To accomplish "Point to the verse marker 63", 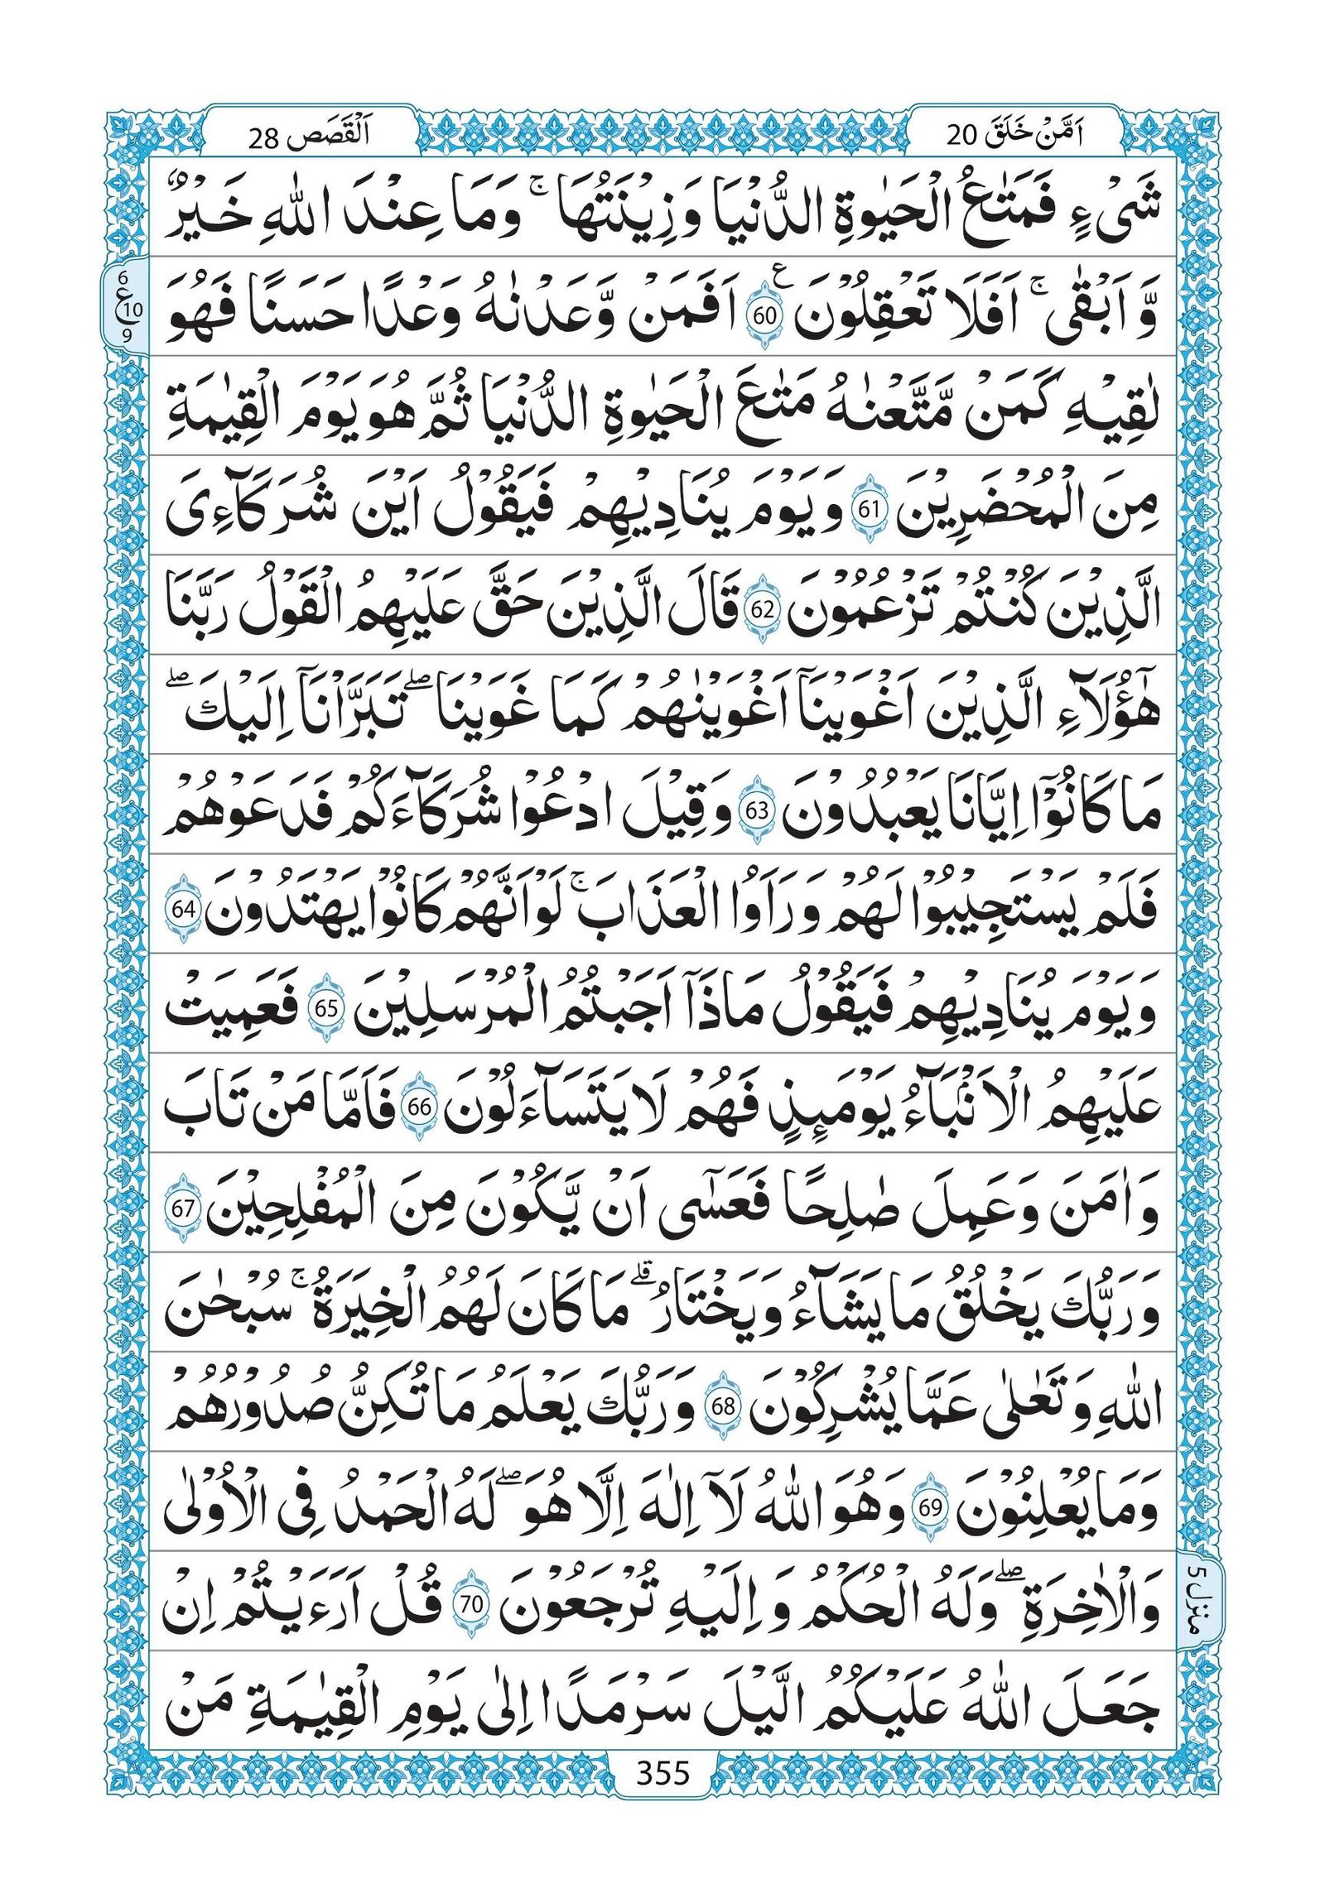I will coord(756,811).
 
